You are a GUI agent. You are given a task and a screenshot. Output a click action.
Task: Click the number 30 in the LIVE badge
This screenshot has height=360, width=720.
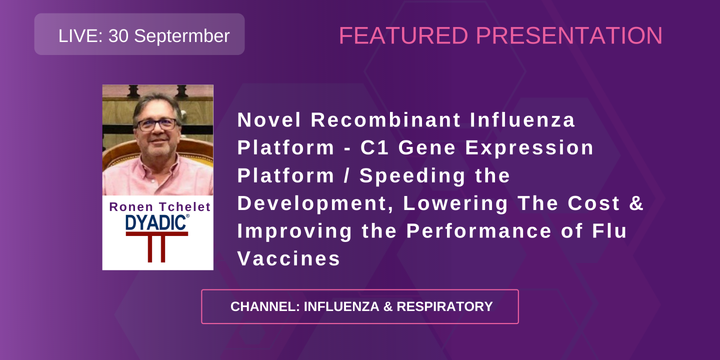(x=118, y=36)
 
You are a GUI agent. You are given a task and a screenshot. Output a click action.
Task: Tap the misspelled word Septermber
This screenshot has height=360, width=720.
(x=182, y=36)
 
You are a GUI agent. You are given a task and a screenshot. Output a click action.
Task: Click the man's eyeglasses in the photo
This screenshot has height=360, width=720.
(x=157, y=124)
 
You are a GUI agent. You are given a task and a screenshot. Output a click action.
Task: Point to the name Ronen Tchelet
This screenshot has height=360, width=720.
(x=160, y=207)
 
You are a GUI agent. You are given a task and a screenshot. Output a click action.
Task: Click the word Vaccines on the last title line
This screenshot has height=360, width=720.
(x=289, y=259)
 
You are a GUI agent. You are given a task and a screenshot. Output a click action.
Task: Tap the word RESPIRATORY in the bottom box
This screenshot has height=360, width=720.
(x=444, y=306)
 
